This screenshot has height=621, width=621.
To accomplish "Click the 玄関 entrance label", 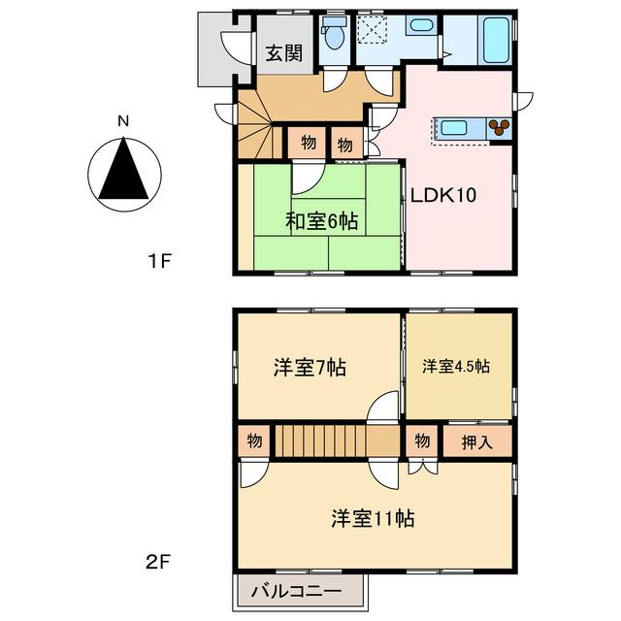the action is coord(284,53).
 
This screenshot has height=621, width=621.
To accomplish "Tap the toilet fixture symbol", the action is coord(334,34).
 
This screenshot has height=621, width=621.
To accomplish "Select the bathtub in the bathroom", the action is coord(495,40).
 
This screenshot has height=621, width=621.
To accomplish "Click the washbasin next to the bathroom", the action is coord(421,26).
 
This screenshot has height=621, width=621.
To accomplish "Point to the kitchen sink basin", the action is coord(453,128).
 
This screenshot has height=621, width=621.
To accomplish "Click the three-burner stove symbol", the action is coord(499,127).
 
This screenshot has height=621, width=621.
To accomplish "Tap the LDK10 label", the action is coord(442,195).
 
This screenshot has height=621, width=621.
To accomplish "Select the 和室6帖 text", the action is coord(321,221).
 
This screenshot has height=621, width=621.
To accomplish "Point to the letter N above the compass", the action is coord(123,120).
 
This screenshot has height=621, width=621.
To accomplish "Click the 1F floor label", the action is coord(159,261).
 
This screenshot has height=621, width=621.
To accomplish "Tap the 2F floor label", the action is coord(158,562).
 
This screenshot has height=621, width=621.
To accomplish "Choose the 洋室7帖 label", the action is coord(310,368).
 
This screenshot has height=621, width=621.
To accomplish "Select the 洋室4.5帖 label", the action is coord(456,367).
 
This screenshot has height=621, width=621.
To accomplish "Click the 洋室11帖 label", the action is coord(373,518).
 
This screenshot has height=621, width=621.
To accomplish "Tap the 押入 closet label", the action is coord(476,442).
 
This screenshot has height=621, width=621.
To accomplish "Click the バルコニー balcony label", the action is coord(297,592).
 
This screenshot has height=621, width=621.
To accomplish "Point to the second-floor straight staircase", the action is coord(321,441).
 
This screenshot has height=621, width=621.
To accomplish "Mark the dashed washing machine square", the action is coord(372,30).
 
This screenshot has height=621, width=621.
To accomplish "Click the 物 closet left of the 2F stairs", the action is coord(254,441).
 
